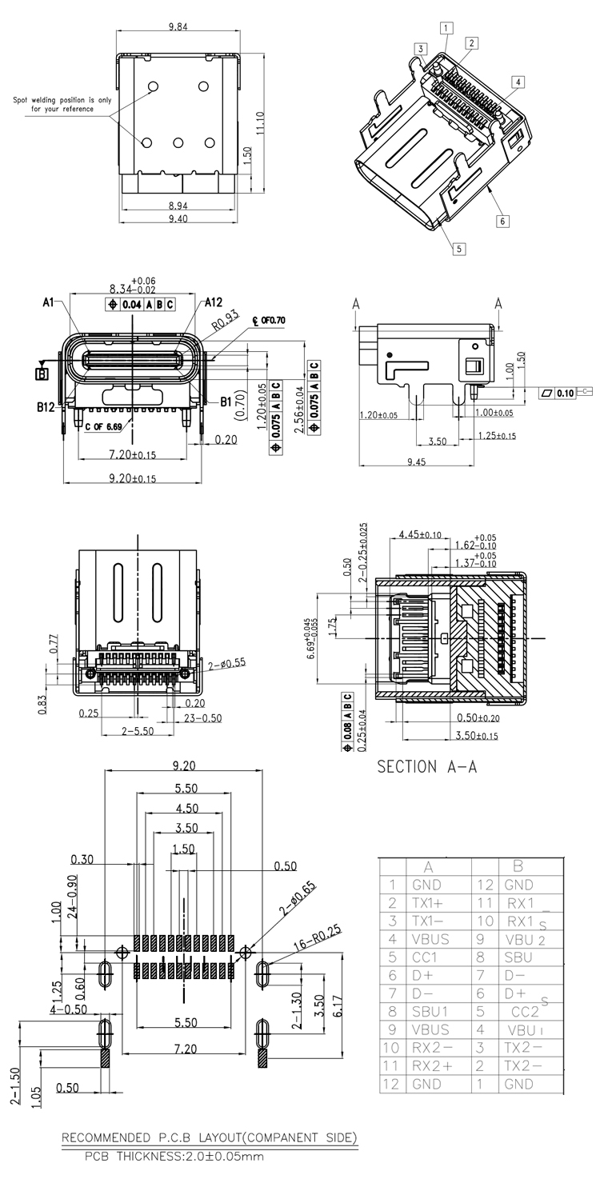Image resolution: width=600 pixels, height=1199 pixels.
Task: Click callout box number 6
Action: (502, 222)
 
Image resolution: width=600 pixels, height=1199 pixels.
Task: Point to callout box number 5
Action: (458, 249)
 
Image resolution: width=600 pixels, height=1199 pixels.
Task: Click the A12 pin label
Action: (213, 302)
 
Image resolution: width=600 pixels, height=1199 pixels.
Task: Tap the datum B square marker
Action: (42, 372)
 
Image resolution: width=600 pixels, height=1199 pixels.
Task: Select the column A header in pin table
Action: (428, 866)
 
